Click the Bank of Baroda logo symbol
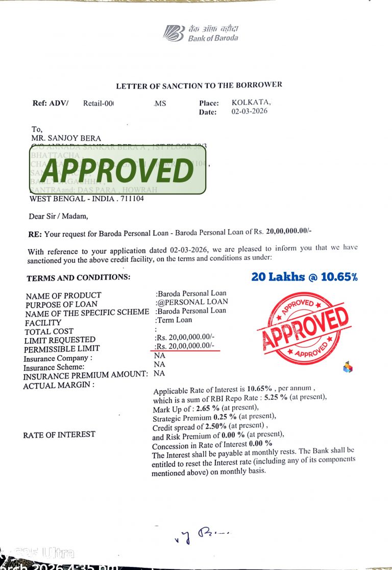(x=174, y=33)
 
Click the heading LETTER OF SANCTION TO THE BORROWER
(x=199, y=86)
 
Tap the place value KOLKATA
(x=251, y=102)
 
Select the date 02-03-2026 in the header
(x=249, y=111)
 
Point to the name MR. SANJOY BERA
(x=66, y=138)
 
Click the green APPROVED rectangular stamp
(x=117, y=169)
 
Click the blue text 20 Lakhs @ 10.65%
(x=304, y=277)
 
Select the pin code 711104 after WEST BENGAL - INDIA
(x=132, y=199)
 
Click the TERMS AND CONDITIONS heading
(x=78, y=278)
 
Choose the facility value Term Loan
(x=174, y=320)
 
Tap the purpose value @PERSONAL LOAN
(x=192, y=302)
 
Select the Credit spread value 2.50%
(x=216, y=425)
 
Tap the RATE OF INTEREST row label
(x=59, y=435)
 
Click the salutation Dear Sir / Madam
(x=58, y=216)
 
